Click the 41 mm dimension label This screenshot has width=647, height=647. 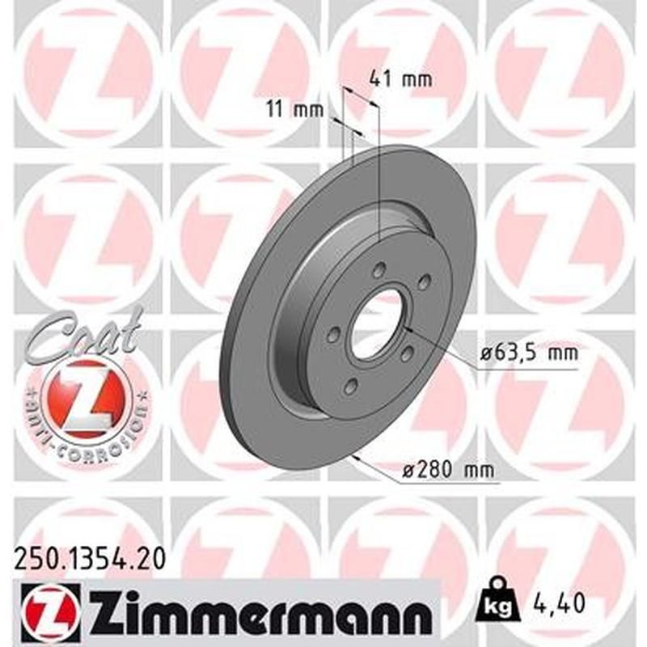[x=400, y=79]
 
